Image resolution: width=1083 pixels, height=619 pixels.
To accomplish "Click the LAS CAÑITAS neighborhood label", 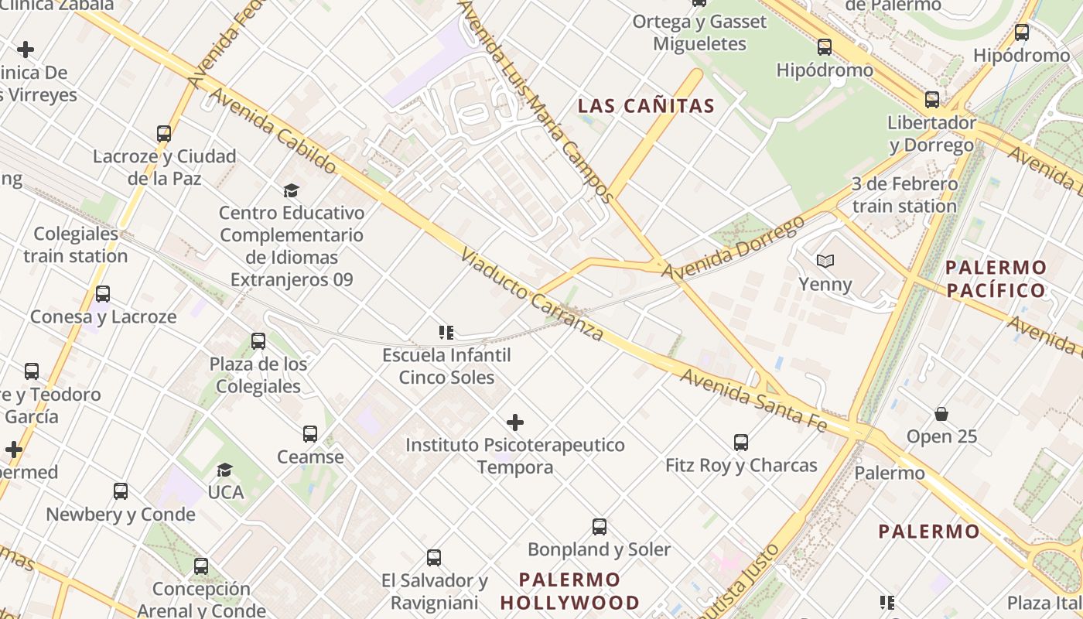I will coord(646,106).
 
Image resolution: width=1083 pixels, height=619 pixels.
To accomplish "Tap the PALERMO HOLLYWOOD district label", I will coord(570,591).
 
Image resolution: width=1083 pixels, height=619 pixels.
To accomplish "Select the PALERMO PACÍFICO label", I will coord(996,279).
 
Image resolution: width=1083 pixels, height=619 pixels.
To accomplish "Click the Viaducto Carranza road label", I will coord(531,295).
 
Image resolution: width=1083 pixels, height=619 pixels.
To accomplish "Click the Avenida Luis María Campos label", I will coord(537,100).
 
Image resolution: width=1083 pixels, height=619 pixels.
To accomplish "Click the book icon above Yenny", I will coord(825,262).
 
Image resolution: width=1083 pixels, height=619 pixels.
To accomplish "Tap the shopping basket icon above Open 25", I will coord(941,414).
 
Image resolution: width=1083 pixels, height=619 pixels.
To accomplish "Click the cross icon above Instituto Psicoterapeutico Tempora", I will coord(515,422).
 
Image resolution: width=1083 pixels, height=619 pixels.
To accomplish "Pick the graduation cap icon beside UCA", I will coord(225,470).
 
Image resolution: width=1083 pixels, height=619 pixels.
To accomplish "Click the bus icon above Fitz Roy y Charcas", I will coord(741,443).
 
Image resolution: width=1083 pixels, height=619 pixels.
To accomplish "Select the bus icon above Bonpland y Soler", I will coord(599,527).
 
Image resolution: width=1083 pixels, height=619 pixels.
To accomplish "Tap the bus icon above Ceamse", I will coord(310,434).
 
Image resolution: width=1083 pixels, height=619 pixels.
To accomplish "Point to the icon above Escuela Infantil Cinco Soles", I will coord(446,333).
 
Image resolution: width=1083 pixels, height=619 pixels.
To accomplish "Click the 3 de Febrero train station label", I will coord(904,195).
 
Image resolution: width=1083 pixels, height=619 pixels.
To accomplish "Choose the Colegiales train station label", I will coord(76,245).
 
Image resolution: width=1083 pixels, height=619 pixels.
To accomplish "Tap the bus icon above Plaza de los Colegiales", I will coord(258,340).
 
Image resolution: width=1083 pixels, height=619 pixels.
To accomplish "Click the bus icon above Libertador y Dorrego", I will coord(932,100).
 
